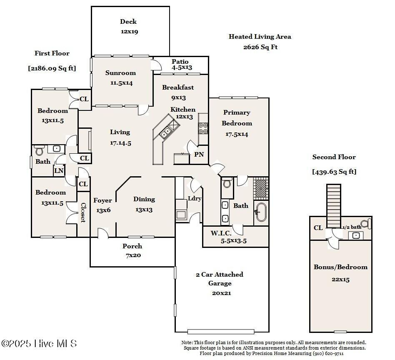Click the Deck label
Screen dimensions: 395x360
pyautogui.click(x=128, y=22)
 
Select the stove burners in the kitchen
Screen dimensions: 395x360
pyautogui.click(x=203, y=128)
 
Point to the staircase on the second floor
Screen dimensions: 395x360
pyautogui.click(x=334, y=206)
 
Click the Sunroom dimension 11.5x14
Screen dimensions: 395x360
pyautogui.click(x=121, y=83)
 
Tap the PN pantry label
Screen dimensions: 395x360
pyautogui.click(x=199, y=155)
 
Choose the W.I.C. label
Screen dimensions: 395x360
pyautogui.click(x=221, y=233)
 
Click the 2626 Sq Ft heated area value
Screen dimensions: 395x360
pyautogui.click(x=260, y=47)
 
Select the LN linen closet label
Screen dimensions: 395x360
pyautogui.click(x=59, y=171)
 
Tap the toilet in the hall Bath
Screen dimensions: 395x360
pyautogui.click(x=39, y=150)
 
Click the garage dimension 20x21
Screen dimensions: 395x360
pyautogui.click(x=221, y=293)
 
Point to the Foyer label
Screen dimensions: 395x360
pyautogui.click(x=102, y=200)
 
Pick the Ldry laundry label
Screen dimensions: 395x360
pyautogui.click(x=195, y=198)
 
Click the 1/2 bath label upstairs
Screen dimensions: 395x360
pyautogui.click(x=352, y=227)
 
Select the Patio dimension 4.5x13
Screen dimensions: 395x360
pyautogui.click(x=182, y=67)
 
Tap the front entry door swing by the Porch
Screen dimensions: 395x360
pyautogui.click(x=103, y=233)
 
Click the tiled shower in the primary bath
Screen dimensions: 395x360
pyautogui.click(x=261, y=188)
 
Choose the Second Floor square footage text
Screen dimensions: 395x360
pyautogui.click(x=334, y=172)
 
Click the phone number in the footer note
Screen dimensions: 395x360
pyautogui.click(x=328, y=353)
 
